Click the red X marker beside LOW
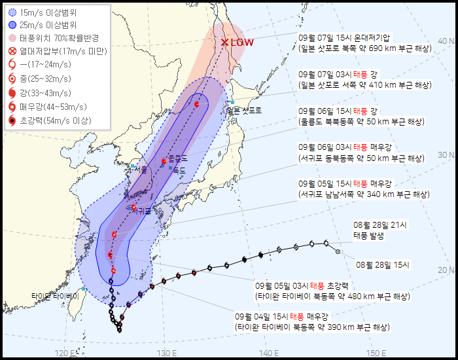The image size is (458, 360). [x=225, y=42]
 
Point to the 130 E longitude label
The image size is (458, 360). [x=167, y=353]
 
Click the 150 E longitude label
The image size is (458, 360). [x=374, y=353]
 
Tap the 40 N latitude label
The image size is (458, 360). [x=446, y=41]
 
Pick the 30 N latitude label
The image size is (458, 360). [x=446, y=154]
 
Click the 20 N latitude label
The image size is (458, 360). [x=446, y=269]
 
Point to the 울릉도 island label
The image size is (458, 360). [x=177, y=158]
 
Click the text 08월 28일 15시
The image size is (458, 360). [x=382, y=265]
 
